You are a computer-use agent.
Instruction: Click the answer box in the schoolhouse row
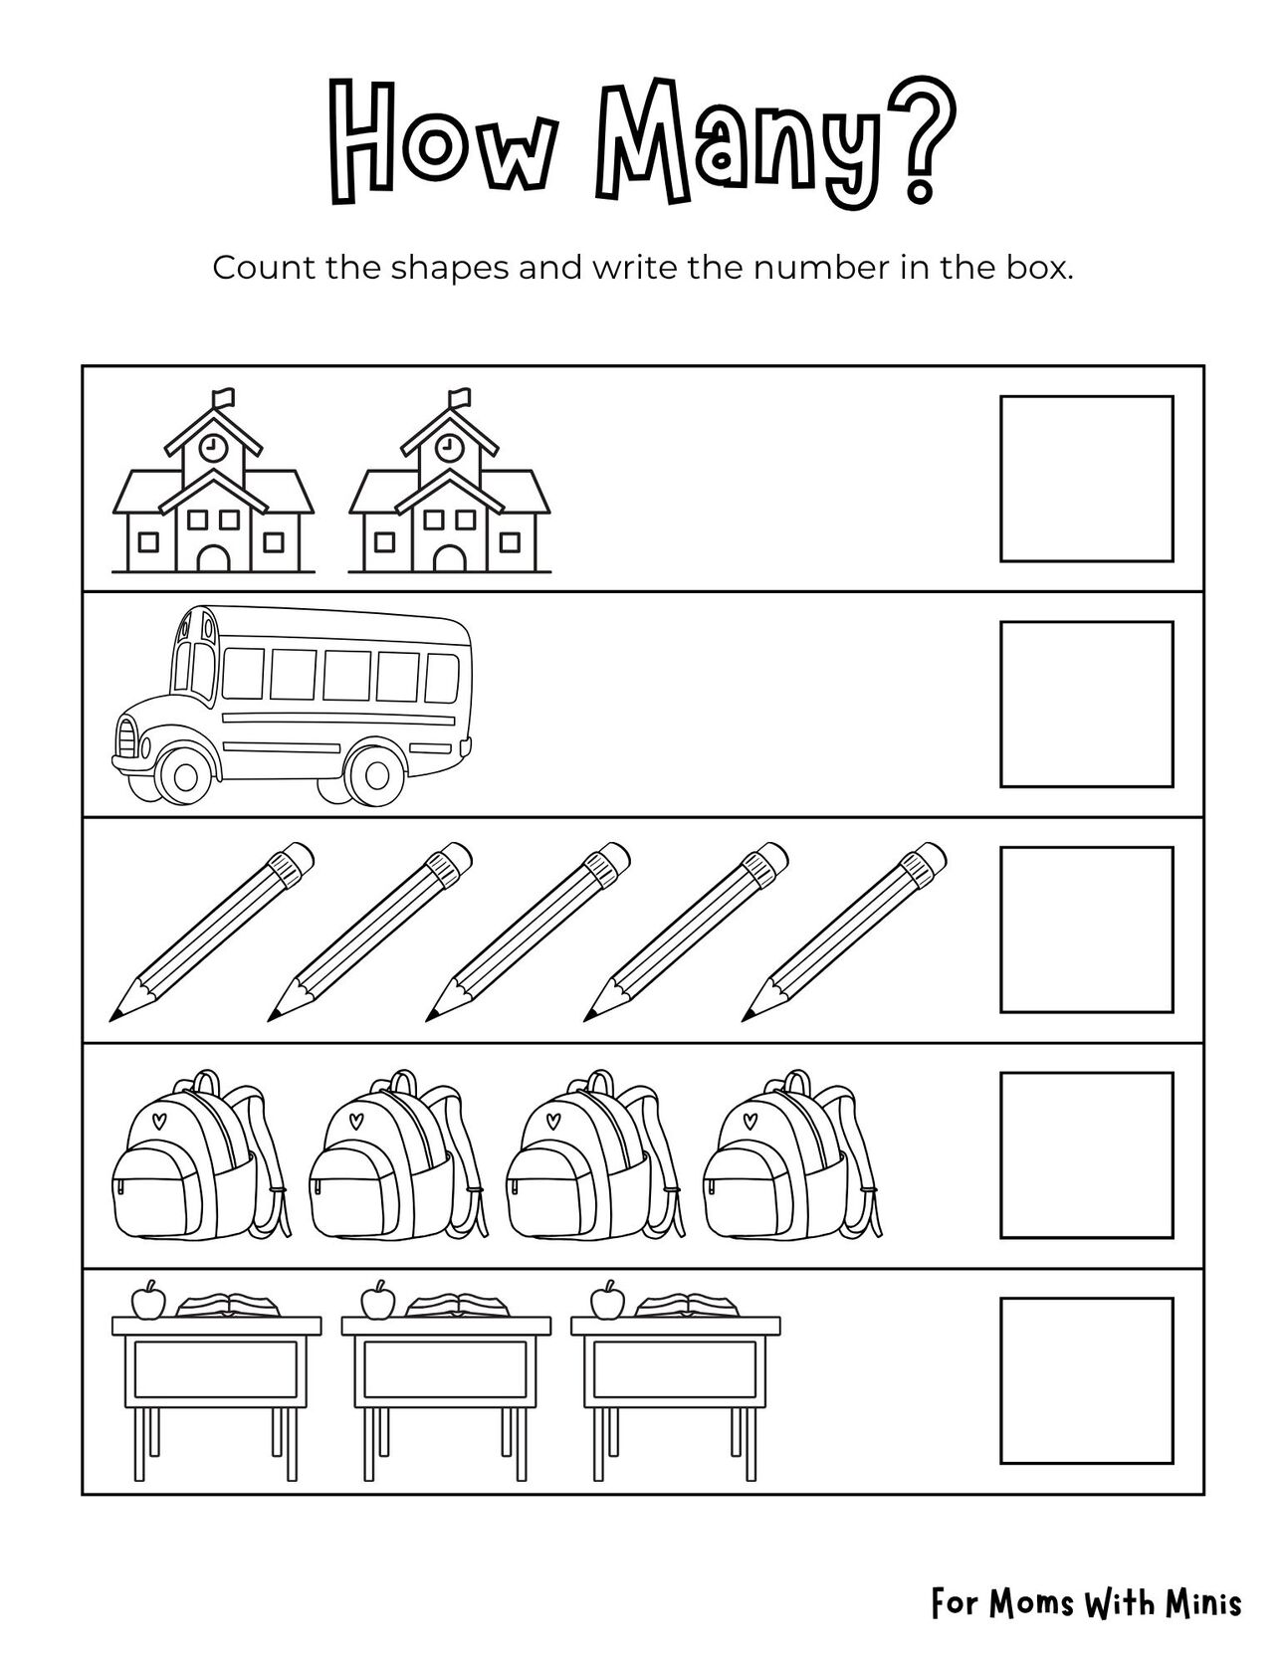point(1087,479)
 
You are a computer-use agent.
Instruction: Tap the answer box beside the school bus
point(1087,704)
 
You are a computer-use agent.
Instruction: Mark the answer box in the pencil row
point(1087,930)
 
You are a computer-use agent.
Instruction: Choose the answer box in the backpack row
point(1087,1154)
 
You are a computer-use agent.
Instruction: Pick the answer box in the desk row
point(1087,1380)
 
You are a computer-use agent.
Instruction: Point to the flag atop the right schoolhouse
point(458,398)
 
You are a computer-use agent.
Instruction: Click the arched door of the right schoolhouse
point(449,558)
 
